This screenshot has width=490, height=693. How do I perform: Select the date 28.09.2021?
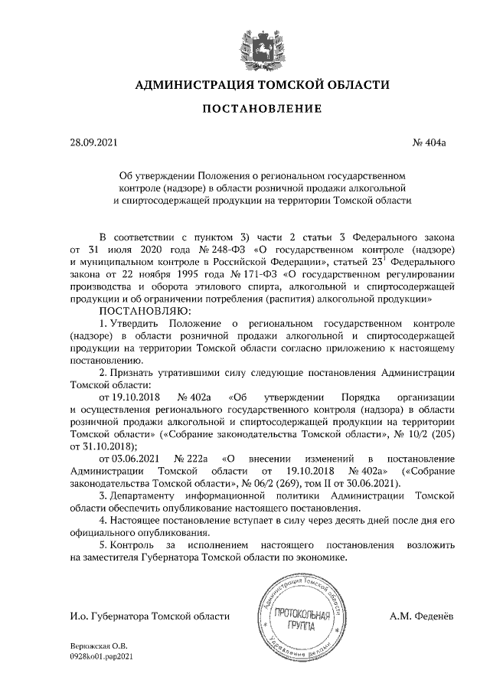tap(93, 142)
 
